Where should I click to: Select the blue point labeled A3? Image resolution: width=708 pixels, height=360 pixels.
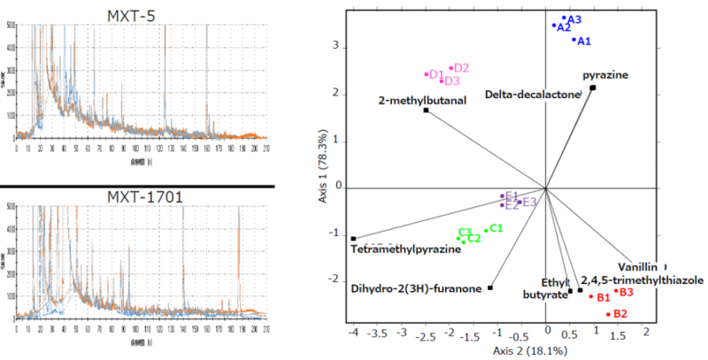pyautogui.click(x=564, y=18)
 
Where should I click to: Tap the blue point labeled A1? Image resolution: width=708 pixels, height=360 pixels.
pyautogui.click(x=573, y=40)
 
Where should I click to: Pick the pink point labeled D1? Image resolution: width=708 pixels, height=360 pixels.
pyautogui.click(x=427, y=74)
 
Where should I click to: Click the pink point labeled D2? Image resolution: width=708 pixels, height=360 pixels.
pyautogui.click(x=451, y=68)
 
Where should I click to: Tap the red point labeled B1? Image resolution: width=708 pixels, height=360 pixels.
pyautogui.click(x=591, y=296)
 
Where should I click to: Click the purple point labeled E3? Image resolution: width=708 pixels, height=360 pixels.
pyautogui.click(x=520, y=202)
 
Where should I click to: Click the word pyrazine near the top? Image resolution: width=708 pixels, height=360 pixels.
pyautogui.click(x=605, y=75)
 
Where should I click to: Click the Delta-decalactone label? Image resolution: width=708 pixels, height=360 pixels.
pyautogui.click(x=532, y=94)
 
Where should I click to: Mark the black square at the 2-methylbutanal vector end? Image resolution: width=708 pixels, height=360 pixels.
pyautogui.click(x=426, y=111)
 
